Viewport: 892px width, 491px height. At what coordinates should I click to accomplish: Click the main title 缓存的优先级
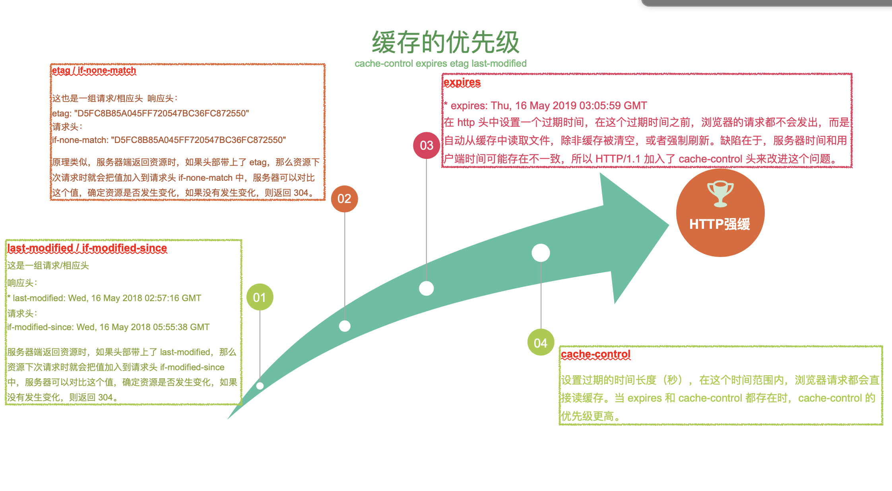click(x=446, y=42)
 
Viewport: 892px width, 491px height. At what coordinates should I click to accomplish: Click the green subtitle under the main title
click(x=440, y=64)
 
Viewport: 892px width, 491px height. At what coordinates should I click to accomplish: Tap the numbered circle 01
click(x=260, y=297)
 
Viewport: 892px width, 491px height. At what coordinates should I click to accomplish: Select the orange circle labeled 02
click(x=344, y=199)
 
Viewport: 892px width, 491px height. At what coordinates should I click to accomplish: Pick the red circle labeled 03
click(x=427, y=145)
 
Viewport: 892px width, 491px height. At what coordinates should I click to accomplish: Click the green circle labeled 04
click(x=541, y=342)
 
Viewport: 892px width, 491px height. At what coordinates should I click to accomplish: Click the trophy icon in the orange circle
click(x=720, y=194)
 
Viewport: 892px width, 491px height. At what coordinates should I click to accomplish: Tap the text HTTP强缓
click(x=719, y=224)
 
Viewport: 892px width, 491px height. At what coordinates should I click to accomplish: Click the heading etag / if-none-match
click(x=94, y=71)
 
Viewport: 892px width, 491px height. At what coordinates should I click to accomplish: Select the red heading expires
click(x=462, y=82)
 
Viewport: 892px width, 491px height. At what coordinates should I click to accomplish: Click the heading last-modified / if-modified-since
click(x=87, y=248)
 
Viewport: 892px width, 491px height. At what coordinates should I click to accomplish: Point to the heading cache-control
click(x=595, y=354)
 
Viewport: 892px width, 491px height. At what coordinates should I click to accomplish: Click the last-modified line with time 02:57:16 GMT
click(x=104, y=298)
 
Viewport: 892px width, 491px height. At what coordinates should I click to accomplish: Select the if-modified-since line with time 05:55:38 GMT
click(x=108, y=327)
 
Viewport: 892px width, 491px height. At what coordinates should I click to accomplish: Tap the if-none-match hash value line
click(x=169, y=140)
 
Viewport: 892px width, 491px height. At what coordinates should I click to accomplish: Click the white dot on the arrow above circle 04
click(x=541, y=253)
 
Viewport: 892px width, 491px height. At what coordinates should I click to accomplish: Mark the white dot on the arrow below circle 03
click(x=426, y=288)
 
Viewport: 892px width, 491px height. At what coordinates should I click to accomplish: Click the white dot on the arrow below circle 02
click(x=345, y=326)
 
